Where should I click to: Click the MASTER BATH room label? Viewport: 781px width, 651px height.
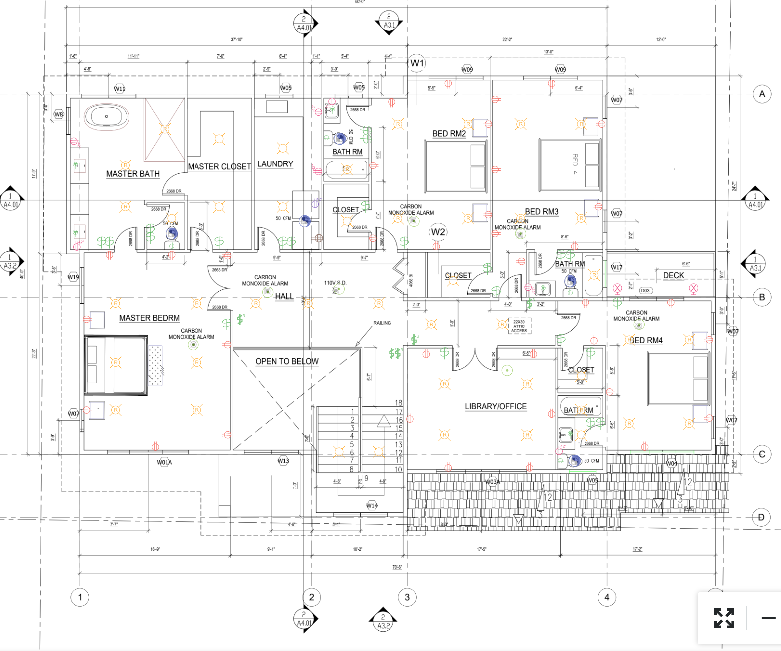(x=133, y=174)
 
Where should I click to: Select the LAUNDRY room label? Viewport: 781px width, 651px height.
(x=275, y=164)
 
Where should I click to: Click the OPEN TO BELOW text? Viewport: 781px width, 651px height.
(x=287, y=361)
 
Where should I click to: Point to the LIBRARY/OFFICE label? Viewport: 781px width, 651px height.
(x=496, y=407)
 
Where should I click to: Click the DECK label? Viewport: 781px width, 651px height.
(x=673, y=275)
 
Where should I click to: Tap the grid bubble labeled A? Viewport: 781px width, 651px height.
(x=762, y=94)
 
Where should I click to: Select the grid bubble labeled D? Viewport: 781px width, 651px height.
(x=761, y=517)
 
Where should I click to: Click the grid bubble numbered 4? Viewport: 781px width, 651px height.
(x=607, y=597)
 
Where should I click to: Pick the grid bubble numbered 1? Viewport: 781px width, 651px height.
(x=80, y=597)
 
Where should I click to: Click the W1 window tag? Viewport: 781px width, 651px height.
(x=417, y=63)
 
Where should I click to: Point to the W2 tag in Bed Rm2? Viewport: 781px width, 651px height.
(x=438, y=232)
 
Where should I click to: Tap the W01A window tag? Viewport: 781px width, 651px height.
(x=164, y=462)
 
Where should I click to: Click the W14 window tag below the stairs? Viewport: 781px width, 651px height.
(x=372, y=505)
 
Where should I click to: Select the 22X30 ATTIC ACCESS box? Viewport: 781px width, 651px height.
(x=519, y=326)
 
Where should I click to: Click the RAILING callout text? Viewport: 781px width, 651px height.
(x=382, y=323)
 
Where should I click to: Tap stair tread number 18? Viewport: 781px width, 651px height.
(x=399, y=403)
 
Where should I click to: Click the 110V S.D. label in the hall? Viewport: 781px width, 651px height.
(x=335, y=283)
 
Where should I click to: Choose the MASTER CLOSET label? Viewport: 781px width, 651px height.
(x=219, y=167)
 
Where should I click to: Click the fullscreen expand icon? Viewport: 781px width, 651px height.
(x=724, y=618)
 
